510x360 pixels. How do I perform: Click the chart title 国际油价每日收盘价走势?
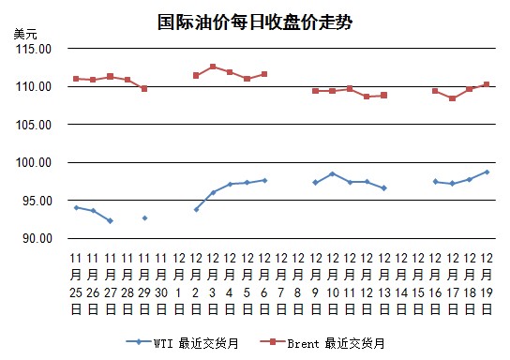[x=255, y=22]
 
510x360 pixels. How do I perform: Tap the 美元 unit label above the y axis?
[x=25, y=34]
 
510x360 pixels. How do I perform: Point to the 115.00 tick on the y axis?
[x=34, y=49]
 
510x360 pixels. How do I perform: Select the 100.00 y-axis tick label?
[x=34, y=162]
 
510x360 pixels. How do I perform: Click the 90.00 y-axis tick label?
[x=37, y=238]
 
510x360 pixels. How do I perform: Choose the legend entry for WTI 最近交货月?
[x=182, y=343]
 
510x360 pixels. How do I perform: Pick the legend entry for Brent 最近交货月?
[x=322, y=343]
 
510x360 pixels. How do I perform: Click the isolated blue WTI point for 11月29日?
[x=144, y=217]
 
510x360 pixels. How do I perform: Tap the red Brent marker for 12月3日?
[x=213, y=67]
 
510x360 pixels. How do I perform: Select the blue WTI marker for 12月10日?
[x=333, y=174]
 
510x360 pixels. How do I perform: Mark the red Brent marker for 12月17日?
[x=453, y=98]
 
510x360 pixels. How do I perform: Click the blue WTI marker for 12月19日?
[x=487, y=172]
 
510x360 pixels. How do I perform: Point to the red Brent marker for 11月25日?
[x=76, y=79]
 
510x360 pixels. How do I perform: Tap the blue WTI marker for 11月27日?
[x=111, y=221]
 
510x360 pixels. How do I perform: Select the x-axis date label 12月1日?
[x=178, y=284]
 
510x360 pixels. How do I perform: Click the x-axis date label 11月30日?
[x=161, y=284]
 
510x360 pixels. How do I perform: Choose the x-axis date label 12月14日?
[x=401, y=284]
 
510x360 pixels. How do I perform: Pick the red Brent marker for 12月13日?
[x=383, y=96]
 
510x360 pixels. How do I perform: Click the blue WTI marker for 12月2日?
[x=196, y=210]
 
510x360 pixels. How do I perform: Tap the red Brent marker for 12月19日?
[x=487, y=84]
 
